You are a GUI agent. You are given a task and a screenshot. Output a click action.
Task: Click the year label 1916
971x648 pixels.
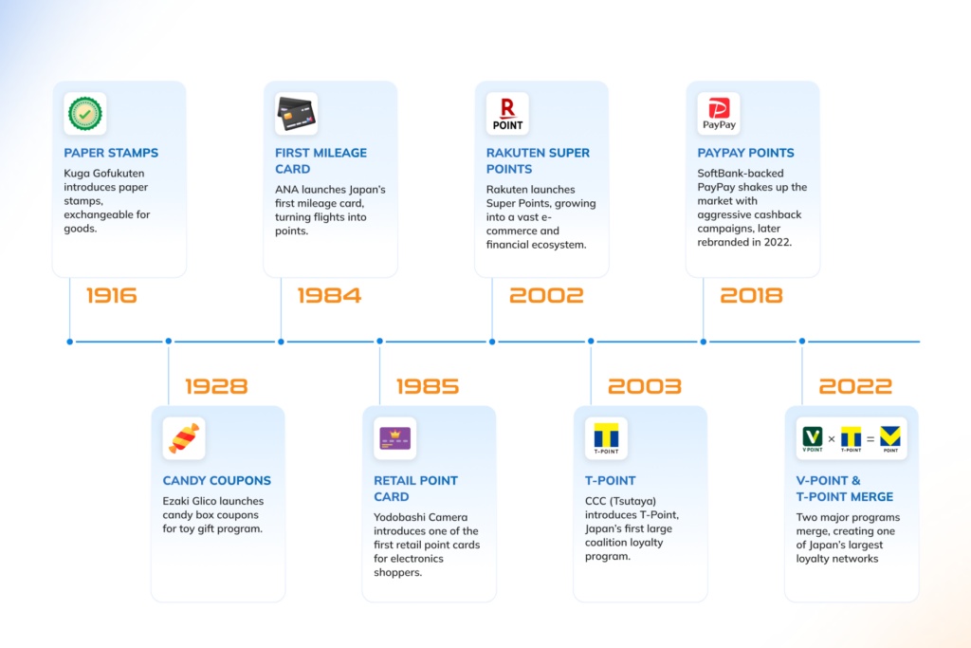click(112, 295)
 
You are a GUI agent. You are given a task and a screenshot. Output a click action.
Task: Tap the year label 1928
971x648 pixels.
click(216, 386)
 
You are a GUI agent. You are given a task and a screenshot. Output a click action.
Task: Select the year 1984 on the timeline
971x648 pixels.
click(329, 295)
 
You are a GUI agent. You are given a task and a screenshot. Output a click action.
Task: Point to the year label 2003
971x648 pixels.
click(645, 386)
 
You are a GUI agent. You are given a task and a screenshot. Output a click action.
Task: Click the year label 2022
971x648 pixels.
click(855, 386)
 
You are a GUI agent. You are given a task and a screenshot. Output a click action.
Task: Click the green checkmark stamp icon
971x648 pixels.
click(84, 113)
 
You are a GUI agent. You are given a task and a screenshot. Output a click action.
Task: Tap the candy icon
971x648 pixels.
click(184, 438)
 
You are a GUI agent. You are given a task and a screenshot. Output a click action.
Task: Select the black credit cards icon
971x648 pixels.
click(296, 114)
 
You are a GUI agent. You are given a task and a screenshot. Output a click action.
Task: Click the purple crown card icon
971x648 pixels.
click(395, 438)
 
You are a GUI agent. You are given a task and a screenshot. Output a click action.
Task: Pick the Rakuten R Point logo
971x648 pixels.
click(508, 114)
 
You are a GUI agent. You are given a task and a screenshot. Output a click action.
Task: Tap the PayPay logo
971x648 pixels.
click(719, 114)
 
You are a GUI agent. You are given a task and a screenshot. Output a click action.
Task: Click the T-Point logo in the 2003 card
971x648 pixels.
click(606, 438)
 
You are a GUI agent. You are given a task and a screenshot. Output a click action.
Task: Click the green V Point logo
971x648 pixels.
click(813, 438)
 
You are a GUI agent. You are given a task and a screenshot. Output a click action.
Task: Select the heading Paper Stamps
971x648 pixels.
click(111, 153)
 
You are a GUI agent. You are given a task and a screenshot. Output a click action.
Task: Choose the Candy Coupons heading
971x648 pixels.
click(217, 481)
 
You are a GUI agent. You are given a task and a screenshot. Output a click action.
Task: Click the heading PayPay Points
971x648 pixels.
click(745, 153)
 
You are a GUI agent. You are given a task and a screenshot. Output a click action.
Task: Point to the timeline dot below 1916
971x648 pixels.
click(70, 342)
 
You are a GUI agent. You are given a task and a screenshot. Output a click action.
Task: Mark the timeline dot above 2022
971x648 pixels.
click(802, 342)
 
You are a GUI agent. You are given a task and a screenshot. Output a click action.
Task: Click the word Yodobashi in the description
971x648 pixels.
click(401, 517)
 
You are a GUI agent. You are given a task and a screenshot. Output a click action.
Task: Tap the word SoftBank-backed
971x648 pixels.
click(741, 174)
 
